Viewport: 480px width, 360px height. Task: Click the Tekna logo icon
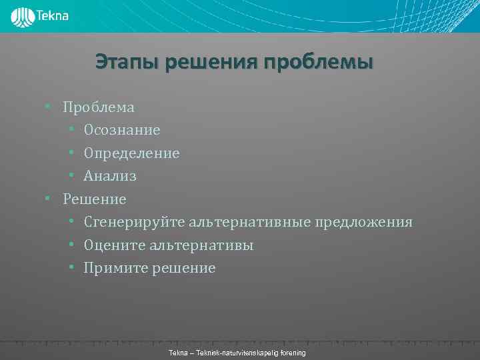(23, 17)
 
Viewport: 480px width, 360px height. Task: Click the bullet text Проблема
(98, 107)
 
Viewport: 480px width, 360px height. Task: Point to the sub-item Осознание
(122, 130)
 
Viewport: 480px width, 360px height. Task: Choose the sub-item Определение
(131, 153)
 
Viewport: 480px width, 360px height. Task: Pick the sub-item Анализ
(110, 176)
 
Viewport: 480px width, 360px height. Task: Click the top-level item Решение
(94, 199)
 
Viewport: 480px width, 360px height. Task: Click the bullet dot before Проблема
(48, 107)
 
